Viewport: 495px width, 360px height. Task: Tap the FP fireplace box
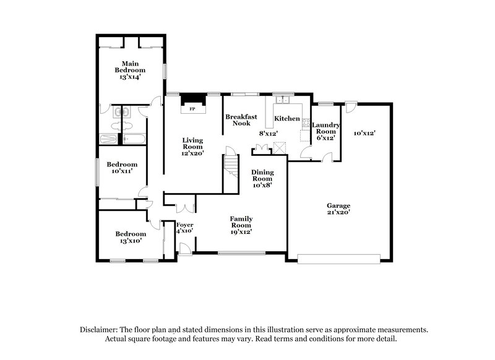pos(192,108)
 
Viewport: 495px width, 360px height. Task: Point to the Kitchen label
pos(287,118)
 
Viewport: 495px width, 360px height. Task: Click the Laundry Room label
pos(326,128)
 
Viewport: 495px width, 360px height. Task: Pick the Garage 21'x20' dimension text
pos(339,212)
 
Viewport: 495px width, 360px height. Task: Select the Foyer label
pos(185,225)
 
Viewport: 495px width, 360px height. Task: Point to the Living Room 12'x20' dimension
pos(192,153)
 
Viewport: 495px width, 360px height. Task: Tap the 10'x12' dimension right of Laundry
pos(365,133)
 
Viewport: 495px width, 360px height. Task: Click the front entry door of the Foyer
pos(183,249)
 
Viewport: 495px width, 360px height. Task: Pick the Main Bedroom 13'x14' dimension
pos(129,77)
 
